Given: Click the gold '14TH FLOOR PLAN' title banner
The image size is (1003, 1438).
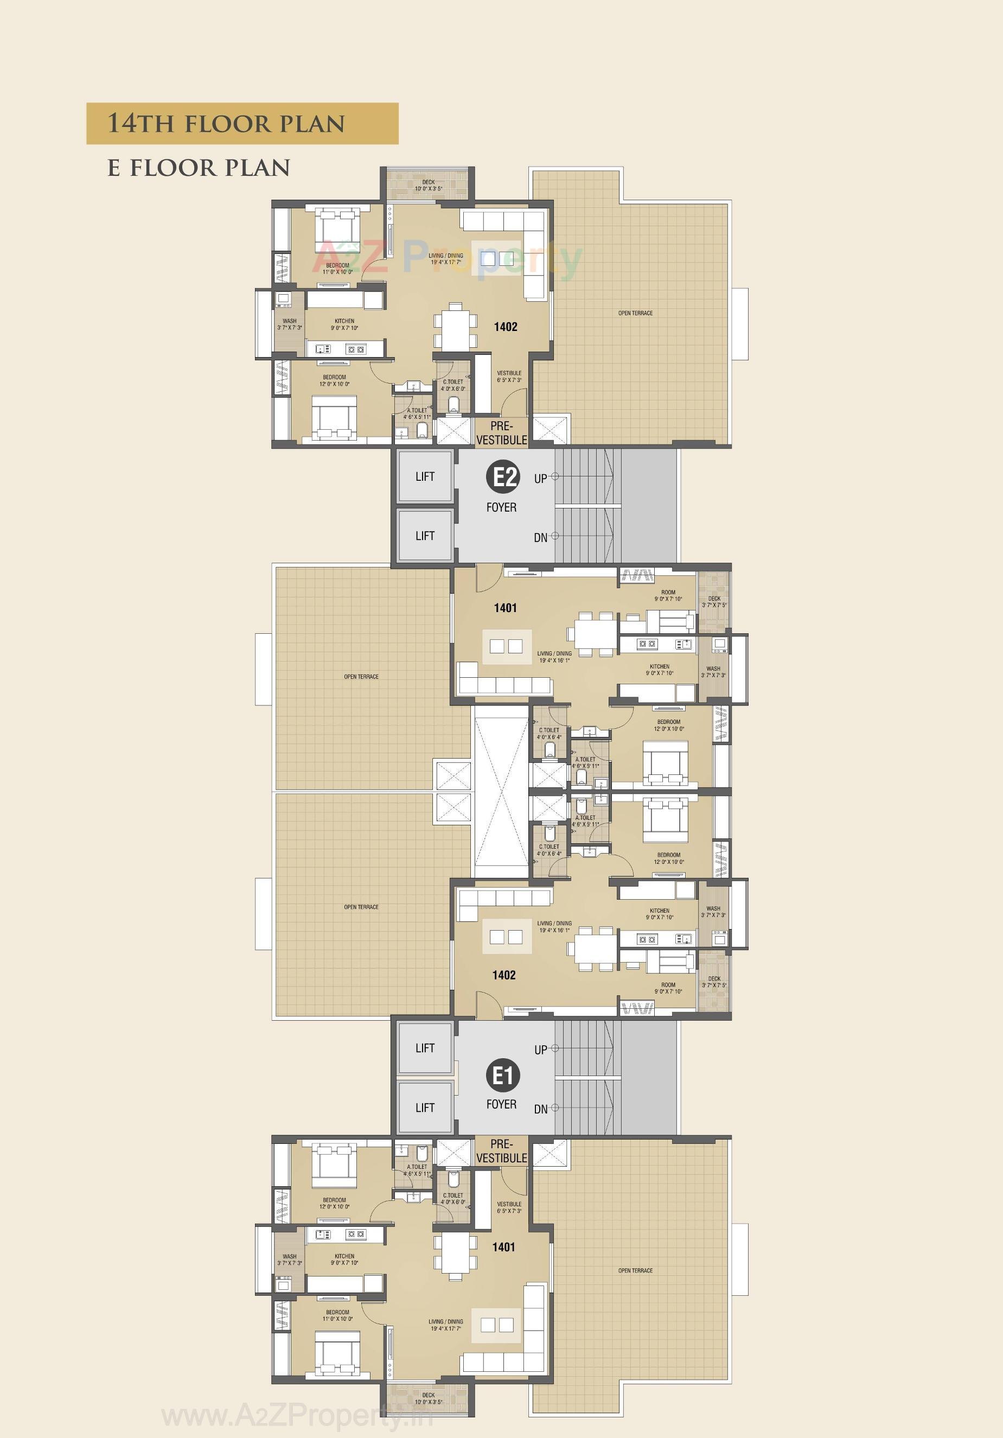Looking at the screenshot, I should [242, 123].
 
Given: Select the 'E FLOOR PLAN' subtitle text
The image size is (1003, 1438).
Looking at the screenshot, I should [199, 168].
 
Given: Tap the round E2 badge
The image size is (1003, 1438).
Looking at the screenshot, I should [503, 477].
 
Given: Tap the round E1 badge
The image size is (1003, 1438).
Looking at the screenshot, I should [503, 1076].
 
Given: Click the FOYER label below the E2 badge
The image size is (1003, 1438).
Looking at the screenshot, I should [501, 507].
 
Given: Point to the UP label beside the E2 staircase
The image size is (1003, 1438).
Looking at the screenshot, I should [540, 479].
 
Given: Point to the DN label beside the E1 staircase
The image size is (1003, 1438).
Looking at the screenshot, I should [540, 1109].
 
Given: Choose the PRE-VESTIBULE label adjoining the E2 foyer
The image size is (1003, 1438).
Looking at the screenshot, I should [501, 434].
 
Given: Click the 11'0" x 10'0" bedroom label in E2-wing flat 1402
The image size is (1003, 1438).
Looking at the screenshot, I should [337, 269].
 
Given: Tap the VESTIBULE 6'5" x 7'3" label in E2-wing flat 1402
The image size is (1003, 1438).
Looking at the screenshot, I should [509, 377].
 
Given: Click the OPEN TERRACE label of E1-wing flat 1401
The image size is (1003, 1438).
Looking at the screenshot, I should [635, 1271].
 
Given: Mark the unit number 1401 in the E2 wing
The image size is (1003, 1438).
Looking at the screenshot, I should [505, 608].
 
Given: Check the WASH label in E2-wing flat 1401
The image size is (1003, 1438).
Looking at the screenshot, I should [713, 671].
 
